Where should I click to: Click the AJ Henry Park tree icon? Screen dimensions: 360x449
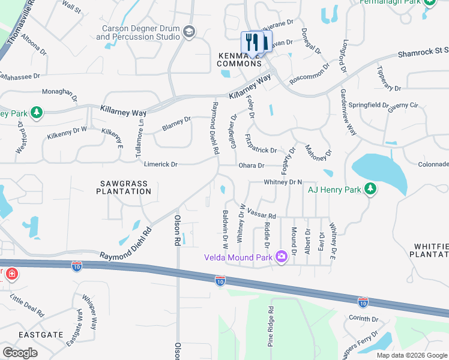coord(370,190)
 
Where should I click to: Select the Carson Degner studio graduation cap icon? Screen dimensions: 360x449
coord(189,31)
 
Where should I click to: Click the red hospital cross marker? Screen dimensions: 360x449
coord(11,275)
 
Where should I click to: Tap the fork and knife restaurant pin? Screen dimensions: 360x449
coord(252,42)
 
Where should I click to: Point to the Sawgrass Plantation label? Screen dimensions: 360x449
coord(124,186)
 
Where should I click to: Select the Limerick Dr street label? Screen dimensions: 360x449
coord(161,164)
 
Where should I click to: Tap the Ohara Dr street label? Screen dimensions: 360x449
coord(253,166)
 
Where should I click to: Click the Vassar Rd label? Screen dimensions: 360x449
coord(263,216)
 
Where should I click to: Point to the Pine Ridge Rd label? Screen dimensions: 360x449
coord(271,327)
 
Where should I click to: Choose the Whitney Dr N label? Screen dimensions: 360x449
coord(282,182)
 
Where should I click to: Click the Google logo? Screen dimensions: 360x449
coord(20,353)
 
